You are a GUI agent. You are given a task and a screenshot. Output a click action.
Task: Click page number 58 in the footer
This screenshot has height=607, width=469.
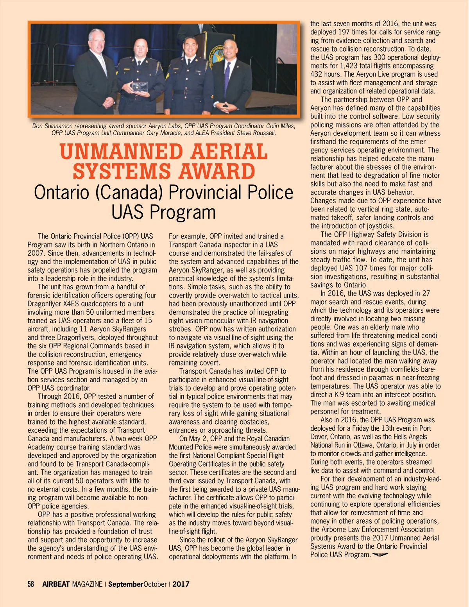point(31,584)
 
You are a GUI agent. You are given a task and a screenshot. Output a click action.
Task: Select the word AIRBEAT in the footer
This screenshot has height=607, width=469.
point(56,584)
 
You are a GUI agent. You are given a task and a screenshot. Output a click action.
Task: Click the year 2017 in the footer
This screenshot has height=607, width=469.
point(181,584)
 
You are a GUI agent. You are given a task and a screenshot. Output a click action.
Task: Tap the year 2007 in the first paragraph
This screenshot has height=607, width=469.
point(36,253)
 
